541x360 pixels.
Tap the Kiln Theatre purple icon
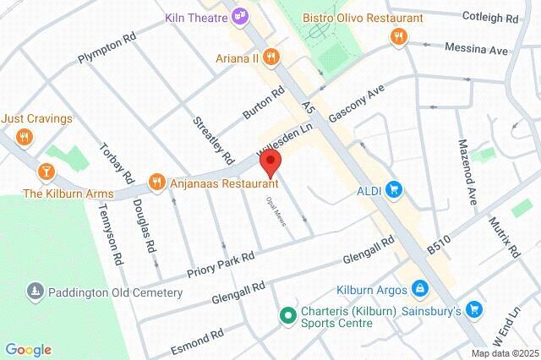pyautogui.click(x=242, y=14)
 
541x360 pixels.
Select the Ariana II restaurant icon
pyautogui.click(x=271, y=57)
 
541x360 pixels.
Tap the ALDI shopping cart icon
pyautogui.click(x=393, y=190)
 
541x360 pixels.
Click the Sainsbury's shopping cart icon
pyautogui.click(x=473, y=310)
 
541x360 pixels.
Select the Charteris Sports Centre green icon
pyautogui.click(x=287, y=315)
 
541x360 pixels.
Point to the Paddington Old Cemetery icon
pyautogui.click(x=35, y=292)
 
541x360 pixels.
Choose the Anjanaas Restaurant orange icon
pyautogui.click(x=156, y=181)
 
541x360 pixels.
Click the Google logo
pyautogui.click(x=28, y=350)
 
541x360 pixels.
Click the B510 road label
pyautogui.click(x=440, y=244)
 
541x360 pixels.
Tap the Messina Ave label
pyautogui.click(x=478, y=50)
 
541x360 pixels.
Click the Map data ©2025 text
pyautogui.click(x=505, y=353)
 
